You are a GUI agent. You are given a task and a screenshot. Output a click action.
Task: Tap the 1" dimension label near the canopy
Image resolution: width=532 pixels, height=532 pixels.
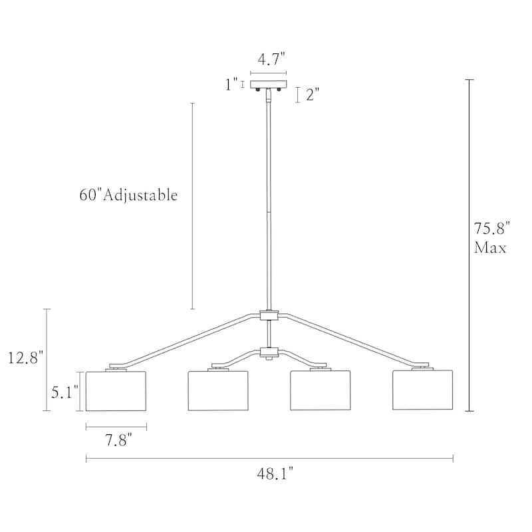(x=231, y=84)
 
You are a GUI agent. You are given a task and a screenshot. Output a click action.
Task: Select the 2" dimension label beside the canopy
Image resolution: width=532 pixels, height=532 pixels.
(x=313, y=94)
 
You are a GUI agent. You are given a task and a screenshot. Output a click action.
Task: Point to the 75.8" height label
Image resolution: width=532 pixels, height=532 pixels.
(x=491, y=229)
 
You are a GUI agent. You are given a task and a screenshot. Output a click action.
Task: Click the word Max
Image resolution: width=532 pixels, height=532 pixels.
(x=490, y=249)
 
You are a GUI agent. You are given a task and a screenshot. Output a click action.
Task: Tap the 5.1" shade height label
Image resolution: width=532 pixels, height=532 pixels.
(x=65, y=392)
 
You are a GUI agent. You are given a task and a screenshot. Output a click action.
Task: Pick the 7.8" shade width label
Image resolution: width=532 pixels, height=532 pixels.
(x=116, y=440)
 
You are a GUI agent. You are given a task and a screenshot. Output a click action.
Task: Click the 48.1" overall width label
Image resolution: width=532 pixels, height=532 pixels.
(x=275, y=473)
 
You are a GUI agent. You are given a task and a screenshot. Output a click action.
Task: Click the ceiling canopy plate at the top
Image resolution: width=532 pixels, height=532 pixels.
(x=269, y=84)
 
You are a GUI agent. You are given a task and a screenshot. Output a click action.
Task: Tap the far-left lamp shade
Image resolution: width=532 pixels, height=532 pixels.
(x=116, y=391)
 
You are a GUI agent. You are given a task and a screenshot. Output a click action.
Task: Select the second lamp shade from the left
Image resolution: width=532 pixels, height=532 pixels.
(x=218, y=391)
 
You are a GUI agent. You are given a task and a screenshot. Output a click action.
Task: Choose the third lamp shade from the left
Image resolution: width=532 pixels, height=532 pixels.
(x=320, y=391)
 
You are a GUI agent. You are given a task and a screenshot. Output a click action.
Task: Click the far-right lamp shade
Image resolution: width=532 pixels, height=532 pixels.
(x=422, y=391)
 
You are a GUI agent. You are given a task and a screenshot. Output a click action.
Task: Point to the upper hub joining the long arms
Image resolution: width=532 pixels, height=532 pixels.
(x=269, y=316)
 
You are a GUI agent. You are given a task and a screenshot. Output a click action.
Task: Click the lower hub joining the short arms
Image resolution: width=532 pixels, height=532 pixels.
(x=269, y=351)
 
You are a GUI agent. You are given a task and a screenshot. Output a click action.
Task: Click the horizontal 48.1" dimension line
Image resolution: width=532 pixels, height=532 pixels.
(x=269, y=458)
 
